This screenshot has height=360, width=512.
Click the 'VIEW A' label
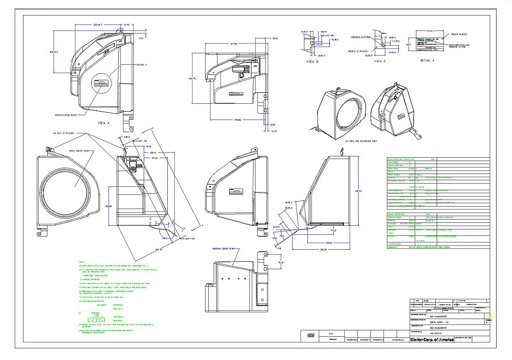point(103,123)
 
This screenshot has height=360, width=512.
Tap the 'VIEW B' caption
point(312,61)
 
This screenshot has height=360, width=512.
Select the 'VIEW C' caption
point(379,61)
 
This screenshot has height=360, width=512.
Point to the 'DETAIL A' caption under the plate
point(427,61)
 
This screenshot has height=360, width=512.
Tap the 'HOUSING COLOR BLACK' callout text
point(224,248)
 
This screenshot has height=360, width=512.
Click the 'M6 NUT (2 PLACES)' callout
point(64,133)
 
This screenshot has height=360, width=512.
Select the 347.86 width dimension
point(230,43)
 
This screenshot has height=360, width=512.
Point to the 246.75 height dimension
point(192,79)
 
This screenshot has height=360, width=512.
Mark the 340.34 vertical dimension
point(357,191)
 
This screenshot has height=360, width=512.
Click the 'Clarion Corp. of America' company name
point(432,339)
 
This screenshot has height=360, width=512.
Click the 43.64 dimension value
point(275,38)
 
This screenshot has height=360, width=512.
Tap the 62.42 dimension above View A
point(126,25)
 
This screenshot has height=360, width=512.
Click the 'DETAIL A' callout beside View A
point(142,65)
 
